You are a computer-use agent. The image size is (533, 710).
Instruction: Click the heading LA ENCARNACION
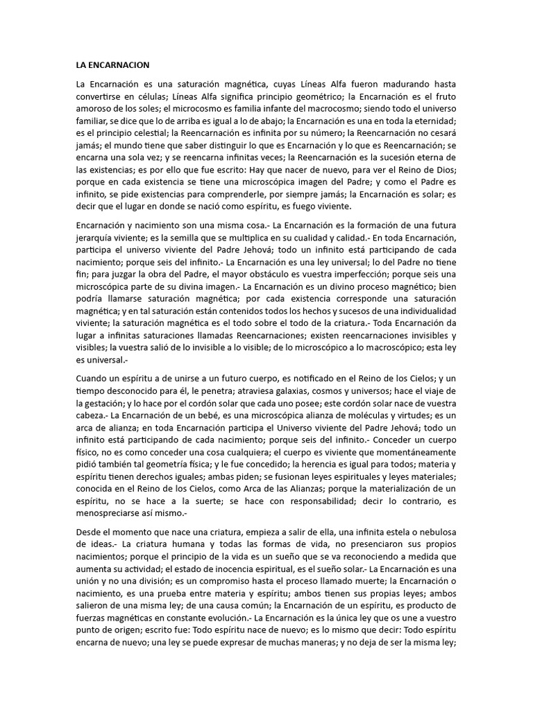[x=112, y=64]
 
